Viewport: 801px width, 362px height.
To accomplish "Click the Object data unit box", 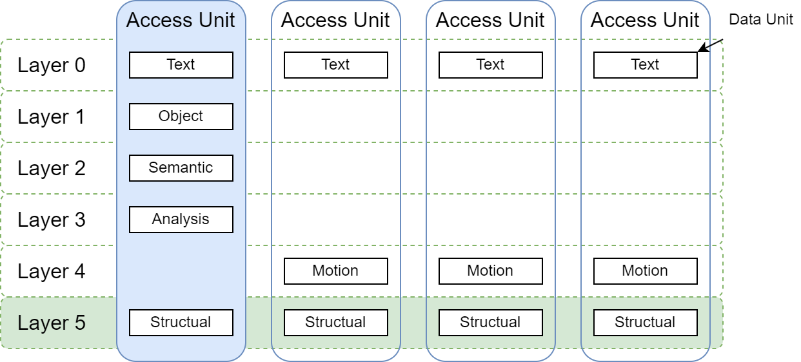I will [181, 117].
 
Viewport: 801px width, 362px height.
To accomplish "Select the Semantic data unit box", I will [181, 168].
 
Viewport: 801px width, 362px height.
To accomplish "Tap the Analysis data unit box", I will [181, 220].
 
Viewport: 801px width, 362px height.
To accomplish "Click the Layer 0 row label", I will [52, 65].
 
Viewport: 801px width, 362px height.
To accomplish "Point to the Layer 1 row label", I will [52, 117].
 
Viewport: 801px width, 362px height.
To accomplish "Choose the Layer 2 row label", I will [52, 168].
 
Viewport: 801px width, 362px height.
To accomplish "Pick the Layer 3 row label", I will [52, 220].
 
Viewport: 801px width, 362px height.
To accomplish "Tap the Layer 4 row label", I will [52, 271].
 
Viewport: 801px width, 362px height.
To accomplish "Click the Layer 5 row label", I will [52, 323].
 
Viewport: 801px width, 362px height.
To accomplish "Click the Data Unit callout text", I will [761, 20].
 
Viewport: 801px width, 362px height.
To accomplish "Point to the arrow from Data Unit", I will [711, 45].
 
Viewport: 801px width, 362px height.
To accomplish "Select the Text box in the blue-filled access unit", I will [181, 65].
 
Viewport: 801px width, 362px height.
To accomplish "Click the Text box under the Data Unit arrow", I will [645, 65].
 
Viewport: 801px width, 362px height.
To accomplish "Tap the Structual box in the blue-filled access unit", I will [181, 323].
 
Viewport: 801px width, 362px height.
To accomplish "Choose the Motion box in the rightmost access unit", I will [645, 271].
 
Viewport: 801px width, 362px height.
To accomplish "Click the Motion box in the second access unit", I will [335, 271].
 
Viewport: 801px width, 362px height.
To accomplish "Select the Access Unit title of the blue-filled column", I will [181, 20].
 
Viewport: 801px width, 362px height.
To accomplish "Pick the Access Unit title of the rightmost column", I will [645, 20].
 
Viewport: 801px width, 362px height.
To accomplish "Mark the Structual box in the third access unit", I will [490, 323].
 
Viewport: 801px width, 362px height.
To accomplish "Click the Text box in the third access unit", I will [490, 65].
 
